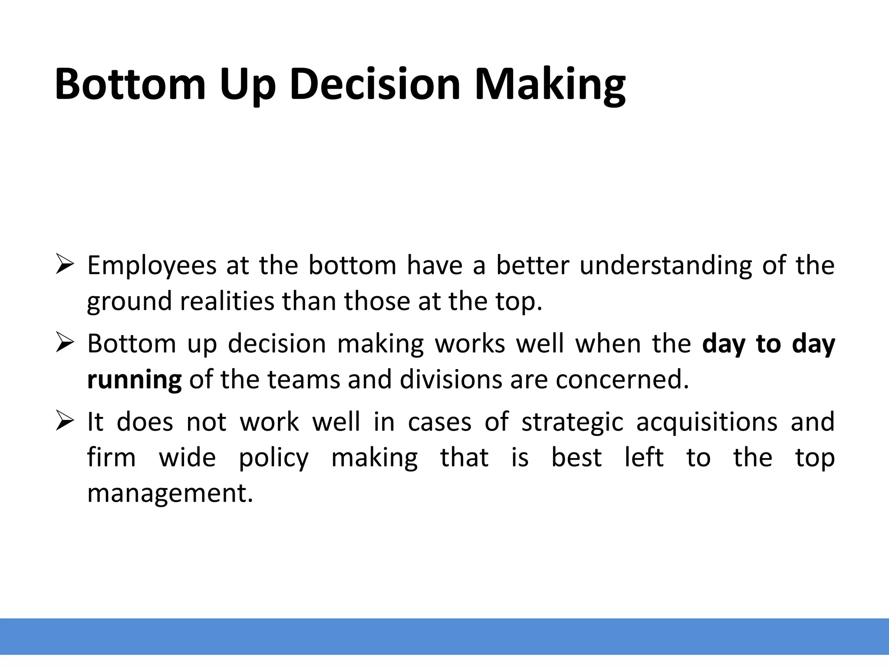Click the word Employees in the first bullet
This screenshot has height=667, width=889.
pos(151,266)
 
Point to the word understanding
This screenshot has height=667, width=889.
pos(665,266)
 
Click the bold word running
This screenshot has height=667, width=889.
pos(134,380)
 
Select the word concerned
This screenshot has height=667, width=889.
pos(622,379)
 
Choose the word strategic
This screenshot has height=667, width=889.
pos(572,422)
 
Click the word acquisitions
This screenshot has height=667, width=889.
pos(707,422)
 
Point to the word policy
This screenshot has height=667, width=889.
pos(274,458)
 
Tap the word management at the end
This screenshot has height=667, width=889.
pos(170,493)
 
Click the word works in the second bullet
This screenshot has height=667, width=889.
pos(470,343)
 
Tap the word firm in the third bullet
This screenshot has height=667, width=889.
pos(112,458)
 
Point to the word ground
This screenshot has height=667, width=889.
pos(129,302)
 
